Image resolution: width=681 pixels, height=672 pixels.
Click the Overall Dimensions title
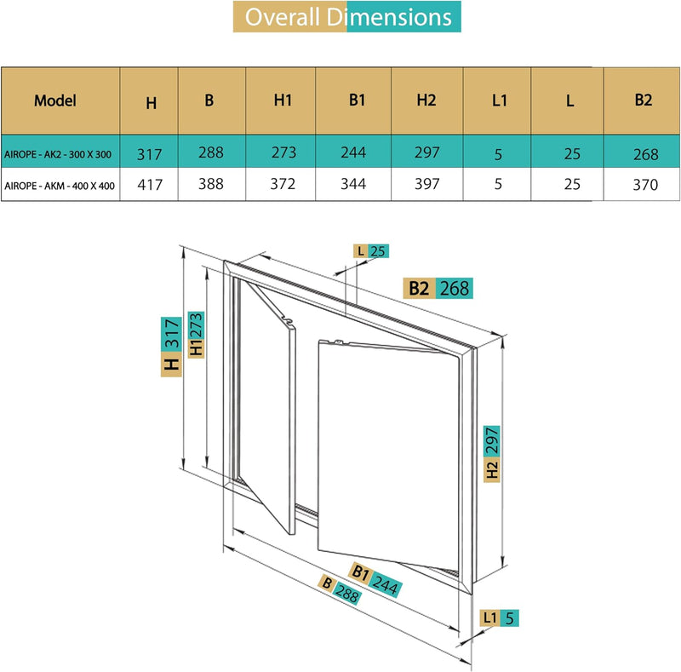tap(347, 17)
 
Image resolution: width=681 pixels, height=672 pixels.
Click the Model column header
tap(55, 100)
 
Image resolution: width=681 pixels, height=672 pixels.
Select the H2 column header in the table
tap(426, 100)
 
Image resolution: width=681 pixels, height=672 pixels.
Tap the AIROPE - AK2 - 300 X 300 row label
tap(60, 154)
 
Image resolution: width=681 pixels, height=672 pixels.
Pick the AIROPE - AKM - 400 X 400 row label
tap(60, 184)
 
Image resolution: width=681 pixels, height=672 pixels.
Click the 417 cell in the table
tap(151, 184)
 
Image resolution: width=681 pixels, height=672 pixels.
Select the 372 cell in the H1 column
tap(283, 183)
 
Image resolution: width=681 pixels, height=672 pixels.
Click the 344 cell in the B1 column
tap(353, 183)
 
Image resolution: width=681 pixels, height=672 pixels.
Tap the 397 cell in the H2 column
tap(426, 183)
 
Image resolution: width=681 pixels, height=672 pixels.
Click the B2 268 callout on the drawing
tap(438, 288)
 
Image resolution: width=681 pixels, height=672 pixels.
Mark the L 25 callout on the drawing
tap(372, 250)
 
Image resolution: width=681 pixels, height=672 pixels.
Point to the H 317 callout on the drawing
tap(171, 346)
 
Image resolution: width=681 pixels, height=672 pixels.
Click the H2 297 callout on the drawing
tap(492, 453)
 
